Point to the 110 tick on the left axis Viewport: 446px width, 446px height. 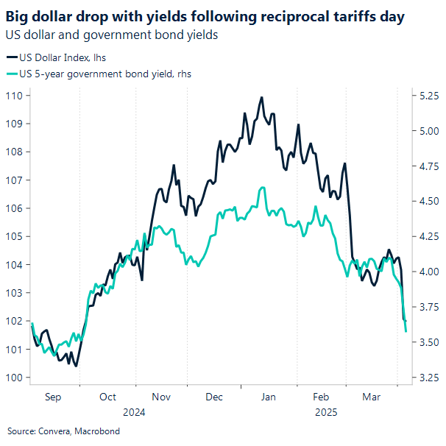tap(16, 96)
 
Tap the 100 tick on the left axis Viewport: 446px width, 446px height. tap(16, 378)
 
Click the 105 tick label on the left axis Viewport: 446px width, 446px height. tap(16, 236)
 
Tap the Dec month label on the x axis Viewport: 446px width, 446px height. tap(214, 397)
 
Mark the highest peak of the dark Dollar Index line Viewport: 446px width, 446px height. tap(261, 97)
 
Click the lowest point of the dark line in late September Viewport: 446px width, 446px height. tap(77, 366)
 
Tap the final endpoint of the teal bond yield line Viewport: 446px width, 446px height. tap(406, 331)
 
